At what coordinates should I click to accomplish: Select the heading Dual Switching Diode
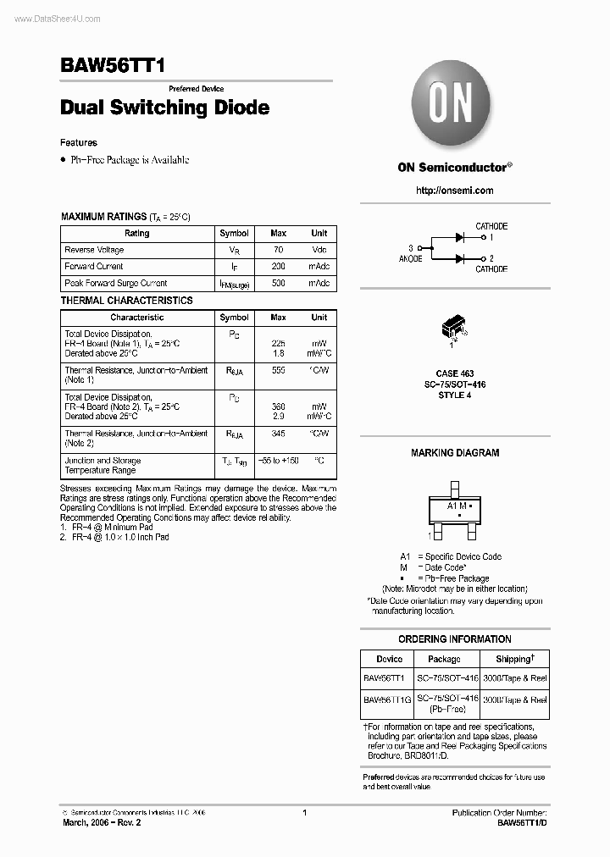click(x=165, y=108)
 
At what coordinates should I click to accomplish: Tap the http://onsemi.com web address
click(x=454, y=191)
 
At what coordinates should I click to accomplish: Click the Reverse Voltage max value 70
click(x=278, y=250)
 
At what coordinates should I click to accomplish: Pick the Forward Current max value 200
click(x=278, y=267)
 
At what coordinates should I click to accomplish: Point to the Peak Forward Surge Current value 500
click(x=278, y=284)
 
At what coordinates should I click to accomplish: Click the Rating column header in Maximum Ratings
click(x=136, y=233)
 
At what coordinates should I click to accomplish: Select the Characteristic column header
click(x=136, y=318)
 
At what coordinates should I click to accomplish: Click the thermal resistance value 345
click(x=278, y=434)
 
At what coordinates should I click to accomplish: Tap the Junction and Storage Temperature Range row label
click(x=103, y=466)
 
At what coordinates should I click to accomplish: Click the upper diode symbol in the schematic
click(x=462, y=238)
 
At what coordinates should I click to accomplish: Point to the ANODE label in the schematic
click(x=410, y=258)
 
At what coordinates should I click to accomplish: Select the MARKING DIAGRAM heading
click(x=455, y=453)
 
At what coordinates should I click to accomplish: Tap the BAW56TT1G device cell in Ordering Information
click(x=388, y=699)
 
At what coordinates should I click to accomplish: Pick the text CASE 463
click(x=455, y=373)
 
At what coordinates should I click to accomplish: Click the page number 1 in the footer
click(x=304, y=813)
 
